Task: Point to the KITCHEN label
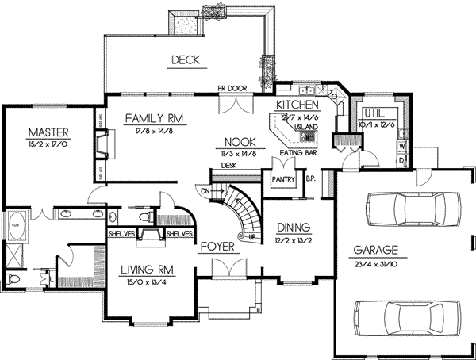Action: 297,105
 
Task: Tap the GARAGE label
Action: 376,251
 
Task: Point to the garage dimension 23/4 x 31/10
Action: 376,263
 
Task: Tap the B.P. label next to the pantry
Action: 310,179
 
